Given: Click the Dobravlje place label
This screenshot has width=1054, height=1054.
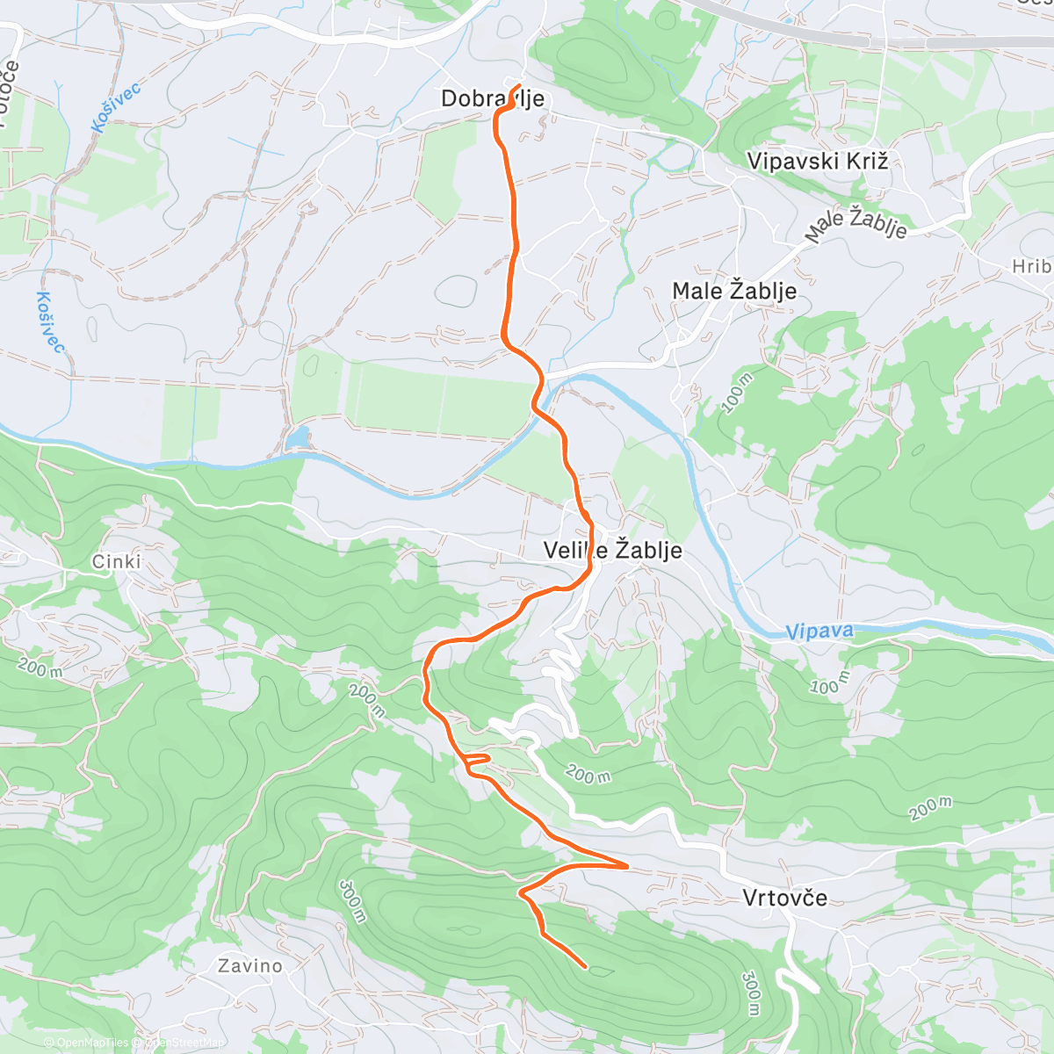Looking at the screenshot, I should click(492, 98).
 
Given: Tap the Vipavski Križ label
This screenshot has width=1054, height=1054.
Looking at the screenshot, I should click(817, 161).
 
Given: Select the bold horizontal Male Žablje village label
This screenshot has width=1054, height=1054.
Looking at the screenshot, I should click(734, 291).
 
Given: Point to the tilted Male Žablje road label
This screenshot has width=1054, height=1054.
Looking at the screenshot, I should click(856, 225).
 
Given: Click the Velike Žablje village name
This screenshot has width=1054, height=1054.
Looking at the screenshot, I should click(612, 551).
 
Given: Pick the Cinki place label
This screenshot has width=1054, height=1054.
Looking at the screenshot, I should click(116, 561).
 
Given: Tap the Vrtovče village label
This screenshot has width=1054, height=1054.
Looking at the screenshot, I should click(784, 898).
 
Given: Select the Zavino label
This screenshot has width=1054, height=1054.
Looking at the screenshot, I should click(250, 966).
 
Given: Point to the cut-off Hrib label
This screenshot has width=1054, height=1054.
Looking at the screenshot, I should click(1032, 266).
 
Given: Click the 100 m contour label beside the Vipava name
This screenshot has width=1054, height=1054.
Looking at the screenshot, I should click(829, 682).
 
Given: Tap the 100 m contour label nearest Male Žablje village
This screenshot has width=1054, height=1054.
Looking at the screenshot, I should click(738, 393).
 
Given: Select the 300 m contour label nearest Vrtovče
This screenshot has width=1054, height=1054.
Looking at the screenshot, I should click(752, 993).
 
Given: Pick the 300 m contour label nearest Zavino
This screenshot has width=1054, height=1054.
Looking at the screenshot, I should click(351, 901).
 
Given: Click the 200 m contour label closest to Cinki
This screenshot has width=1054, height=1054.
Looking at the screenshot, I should click(40, 668).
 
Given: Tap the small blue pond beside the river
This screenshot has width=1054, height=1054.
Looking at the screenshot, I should click(298, 437).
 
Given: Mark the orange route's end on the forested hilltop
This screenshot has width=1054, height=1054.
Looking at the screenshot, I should click(586, 967).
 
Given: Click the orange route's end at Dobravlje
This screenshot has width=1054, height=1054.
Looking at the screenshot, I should click(520, 86).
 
